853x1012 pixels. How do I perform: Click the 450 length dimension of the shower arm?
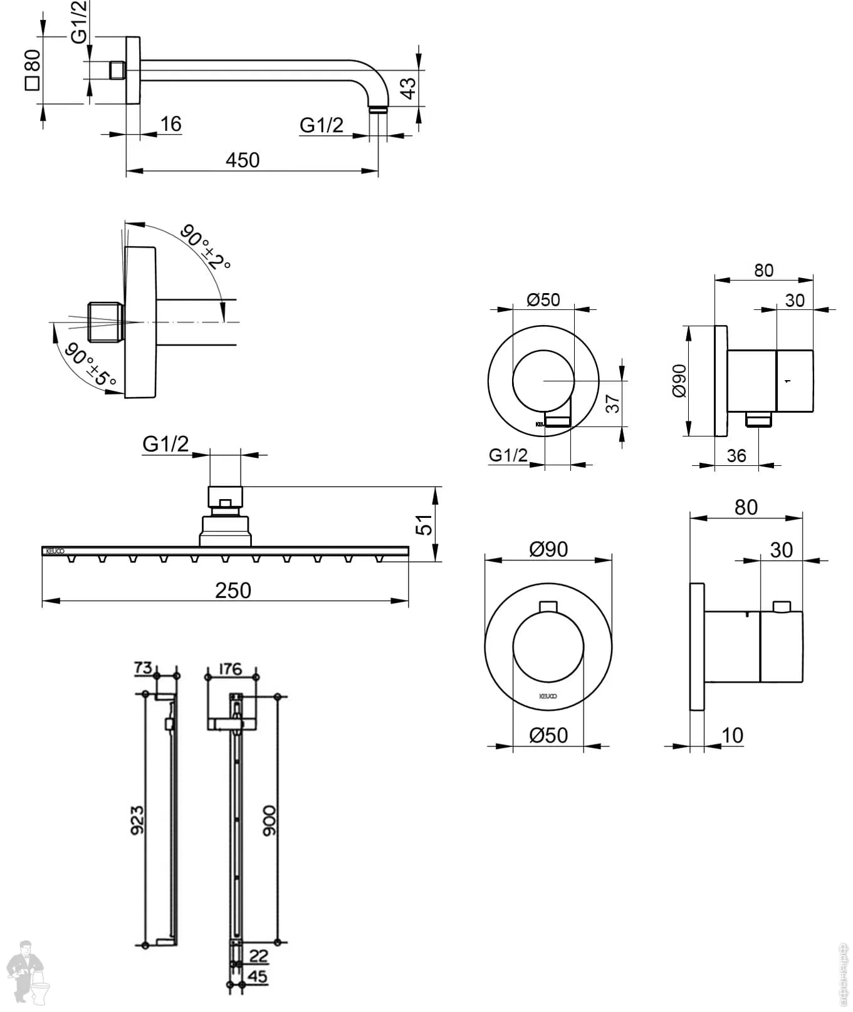242,160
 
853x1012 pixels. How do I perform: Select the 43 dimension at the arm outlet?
407,88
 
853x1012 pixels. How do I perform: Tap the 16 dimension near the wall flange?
170,124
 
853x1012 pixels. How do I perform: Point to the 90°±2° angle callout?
205,247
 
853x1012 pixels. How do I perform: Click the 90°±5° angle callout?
90,364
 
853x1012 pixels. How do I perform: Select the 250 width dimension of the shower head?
233,591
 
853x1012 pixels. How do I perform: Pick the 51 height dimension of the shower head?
425,524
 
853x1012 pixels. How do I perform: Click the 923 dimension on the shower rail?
137,820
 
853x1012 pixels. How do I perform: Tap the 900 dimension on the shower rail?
269,820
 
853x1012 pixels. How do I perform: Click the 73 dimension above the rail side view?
143,668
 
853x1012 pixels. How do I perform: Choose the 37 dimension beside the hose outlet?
613,403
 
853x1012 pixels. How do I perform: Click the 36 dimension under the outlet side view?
736,456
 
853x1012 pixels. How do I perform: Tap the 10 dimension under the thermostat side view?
732,735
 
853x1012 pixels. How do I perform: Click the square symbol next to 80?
32,83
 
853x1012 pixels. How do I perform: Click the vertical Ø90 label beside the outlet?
679,381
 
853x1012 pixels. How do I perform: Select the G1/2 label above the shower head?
165,444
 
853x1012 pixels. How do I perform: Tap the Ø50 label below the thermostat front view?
548,735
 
